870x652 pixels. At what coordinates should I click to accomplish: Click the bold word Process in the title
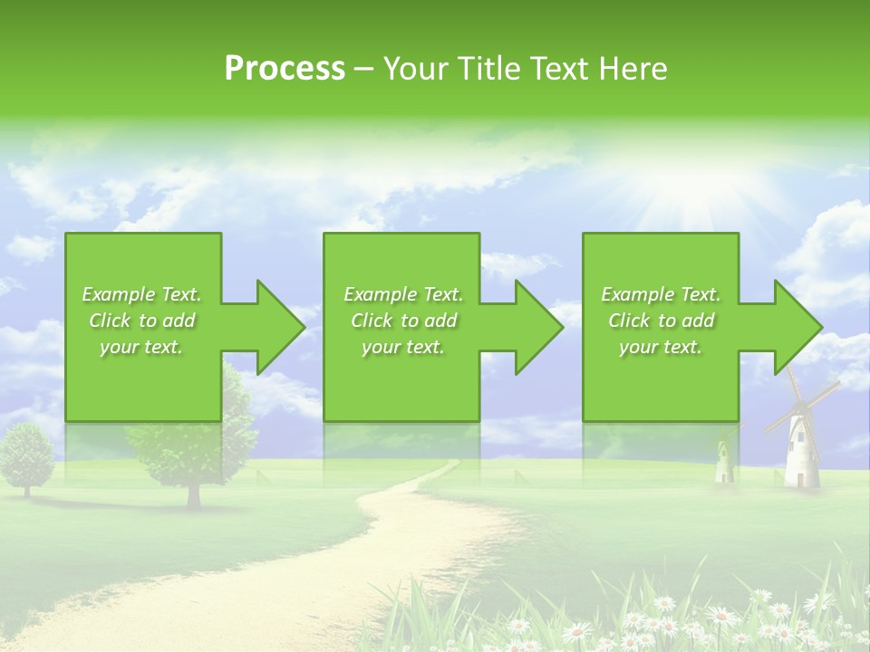coord(285,69)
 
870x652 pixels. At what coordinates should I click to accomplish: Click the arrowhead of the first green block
coord(278,327)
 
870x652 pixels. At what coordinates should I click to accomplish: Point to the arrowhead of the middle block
coord(537,327)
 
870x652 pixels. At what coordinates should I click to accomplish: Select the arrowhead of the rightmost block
coord(797,327)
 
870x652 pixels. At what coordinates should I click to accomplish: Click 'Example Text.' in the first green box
coord(141,294)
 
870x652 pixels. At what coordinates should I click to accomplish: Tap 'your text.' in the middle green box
coord(402,347)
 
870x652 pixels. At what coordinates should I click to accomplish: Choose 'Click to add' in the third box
coord(661,321)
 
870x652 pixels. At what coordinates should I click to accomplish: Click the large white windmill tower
coord(801,453)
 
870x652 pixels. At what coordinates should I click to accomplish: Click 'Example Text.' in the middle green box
coord(402,294)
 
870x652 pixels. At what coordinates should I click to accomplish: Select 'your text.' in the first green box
coord(141,347)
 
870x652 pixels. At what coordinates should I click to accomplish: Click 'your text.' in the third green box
coord(661,347)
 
